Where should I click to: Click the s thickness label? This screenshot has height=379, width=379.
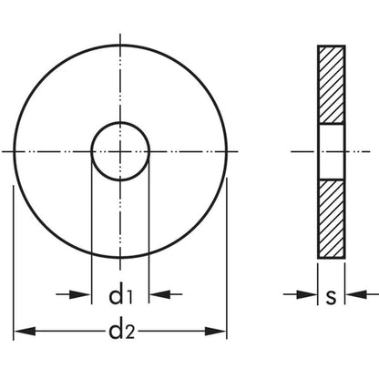click(331, 297)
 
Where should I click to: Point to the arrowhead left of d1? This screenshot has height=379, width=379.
click(80, 294)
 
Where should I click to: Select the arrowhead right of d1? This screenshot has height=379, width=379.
click(159, 294)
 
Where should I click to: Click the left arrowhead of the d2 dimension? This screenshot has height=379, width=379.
click(25, 332)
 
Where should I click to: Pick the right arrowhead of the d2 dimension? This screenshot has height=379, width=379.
click(216, 332)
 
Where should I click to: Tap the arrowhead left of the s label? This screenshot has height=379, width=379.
click(307, 294)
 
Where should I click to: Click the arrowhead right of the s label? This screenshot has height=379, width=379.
click(356, 294)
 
